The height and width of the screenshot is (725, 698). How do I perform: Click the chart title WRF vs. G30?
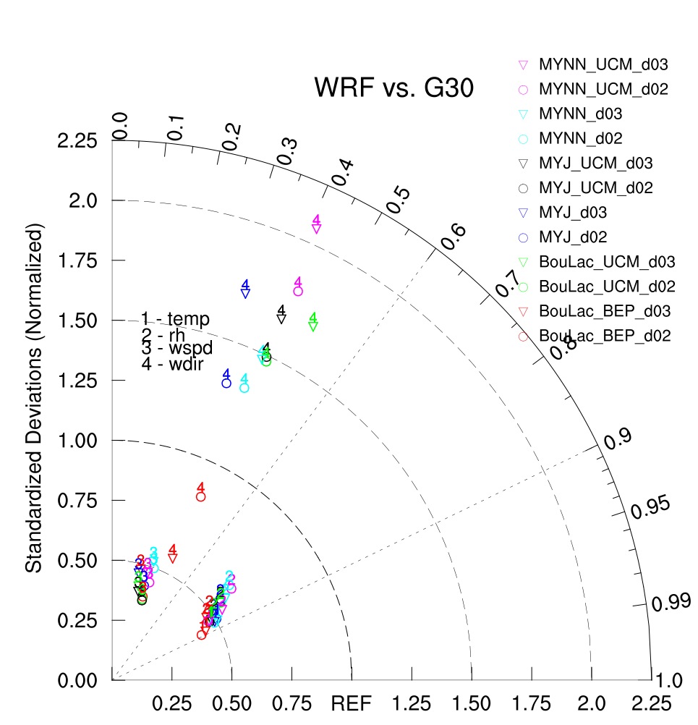tap(394, 88)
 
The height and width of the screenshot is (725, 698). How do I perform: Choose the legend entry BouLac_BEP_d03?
tap(604, 311)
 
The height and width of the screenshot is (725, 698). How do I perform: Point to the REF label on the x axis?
tap(352, 702)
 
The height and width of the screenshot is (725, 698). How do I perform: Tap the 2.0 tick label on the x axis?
tap(592, 702)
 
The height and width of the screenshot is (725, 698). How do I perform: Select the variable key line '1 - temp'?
tap(175, 318)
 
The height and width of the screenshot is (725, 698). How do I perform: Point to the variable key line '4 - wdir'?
tap(173, 365)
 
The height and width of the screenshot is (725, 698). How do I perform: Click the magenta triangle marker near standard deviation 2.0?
tap(316, 229)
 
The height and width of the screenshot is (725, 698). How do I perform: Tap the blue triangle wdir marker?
tap(245, 293)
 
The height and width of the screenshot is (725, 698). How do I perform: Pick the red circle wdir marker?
tap(200, 497)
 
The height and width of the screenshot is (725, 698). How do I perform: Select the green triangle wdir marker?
tap(313, 326)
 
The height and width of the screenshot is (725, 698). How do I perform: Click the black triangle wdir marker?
tap(281, 319)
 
